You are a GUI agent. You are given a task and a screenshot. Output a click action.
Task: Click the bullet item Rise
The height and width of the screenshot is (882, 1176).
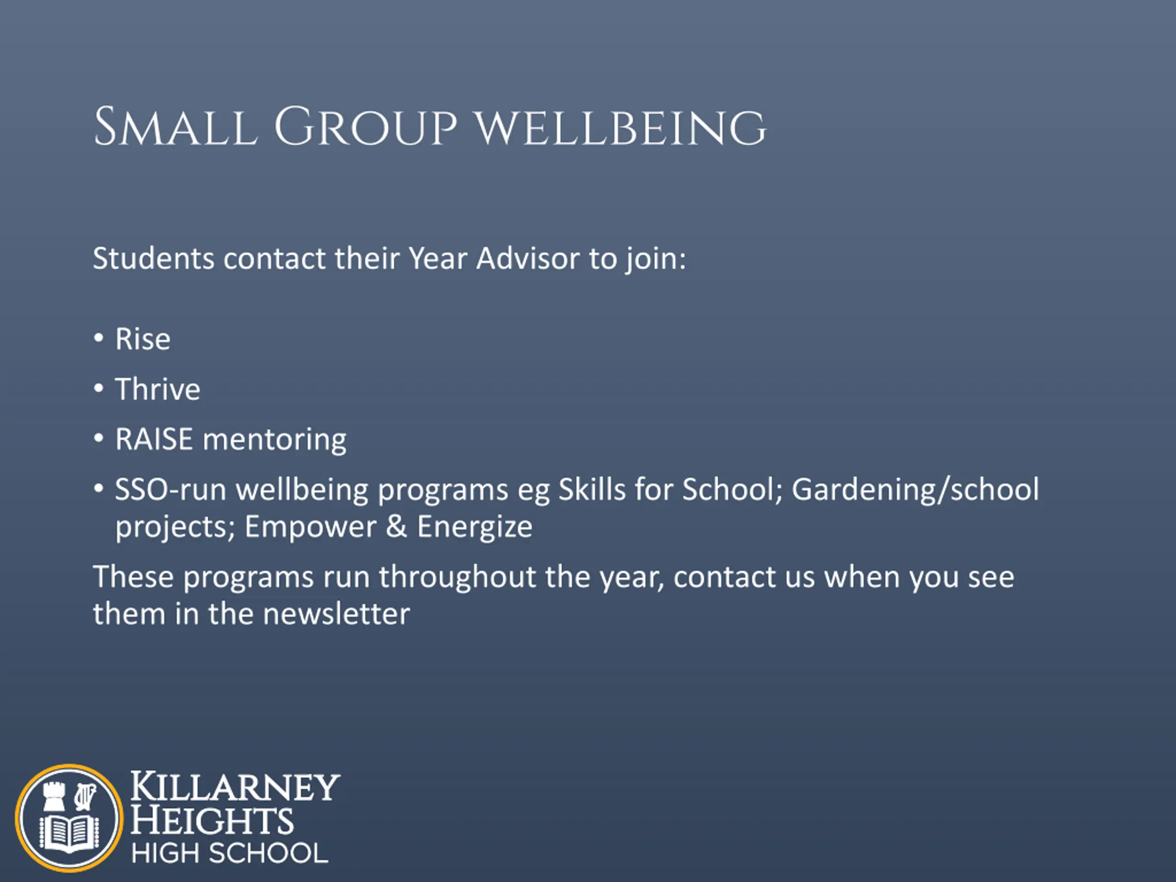(143, 339)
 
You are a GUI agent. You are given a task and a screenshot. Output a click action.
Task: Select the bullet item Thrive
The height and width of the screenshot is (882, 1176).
(158, 389)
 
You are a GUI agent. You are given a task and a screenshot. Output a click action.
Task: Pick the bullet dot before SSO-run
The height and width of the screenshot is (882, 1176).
(98, 487)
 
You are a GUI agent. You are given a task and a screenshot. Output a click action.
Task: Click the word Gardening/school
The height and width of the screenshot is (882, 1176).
(915, 490)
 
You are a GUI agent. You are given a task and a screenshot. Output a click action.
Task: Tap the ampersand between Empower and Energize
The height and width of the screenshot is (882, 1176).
(396, 526)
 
